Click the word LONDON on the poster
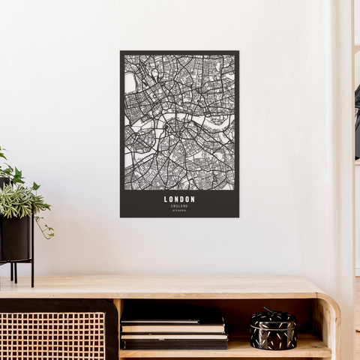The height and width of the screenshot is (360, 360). (179, 199)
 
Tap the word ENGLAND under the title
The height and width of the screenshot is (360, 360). (179, 205)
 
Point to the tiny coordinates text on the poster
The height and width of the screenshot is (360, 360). (179, 210)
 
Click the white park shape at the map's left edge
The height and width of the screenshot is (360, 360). (130, 82)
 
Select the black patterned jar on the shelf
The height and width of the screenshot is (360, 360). (273, 331)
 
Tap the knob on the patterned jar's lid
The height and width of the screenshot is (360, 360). (268, 309)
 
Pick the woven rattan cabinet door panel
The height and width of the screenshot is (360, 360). (52, 335)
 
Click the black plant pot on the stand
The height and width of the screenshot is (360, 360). (15, 237)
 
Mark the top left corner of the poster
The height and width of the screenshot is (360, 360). (121, 52)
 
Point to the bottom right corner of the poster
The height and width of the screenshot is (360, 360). (238, 216)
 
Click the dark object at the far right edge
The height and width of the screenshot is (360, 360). (357, 120)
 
